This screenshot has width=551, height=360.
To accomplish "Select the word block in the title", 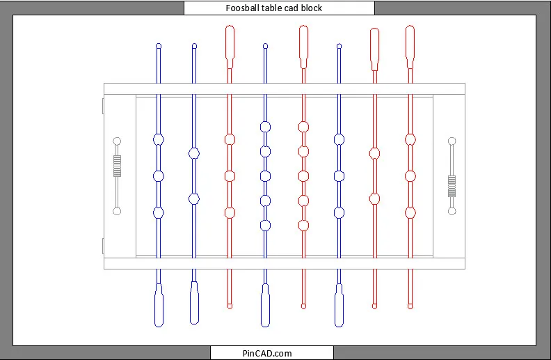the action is (312, 8).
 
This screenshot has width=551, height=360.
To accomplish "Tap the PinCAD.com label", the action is (267, 353).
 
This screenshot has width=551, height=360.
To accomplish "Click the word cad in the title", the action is (292, 8).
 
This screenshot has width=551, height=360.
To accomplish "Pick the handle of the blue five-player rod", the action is (265, 305).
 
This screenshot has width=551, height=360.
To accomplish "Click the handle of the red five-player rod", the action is (303, 47).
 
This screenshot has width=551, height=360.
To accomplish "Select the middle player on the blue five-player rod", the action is (265, 176).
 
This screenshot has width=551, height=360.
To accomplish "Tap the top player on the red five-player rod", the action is (303, 127).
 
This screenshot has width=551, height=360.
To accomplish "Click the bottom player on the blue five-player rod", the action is (265, 226).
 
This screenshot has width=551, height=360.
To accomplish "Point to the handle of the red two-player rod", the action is (374, 49).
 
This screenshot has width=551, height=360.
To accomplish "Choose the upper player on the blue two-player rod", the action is (194, 153).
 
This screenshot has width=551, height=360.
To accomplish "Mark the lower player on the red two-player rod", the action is (374, 199).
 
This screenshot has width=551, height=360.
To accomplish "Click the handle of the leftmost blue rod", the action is (159, 305).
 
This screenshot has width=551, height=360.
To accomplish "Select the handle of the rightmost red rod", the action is (410, 47).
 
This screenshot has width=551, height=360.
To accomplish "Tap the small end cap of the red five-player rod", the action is (303, 306).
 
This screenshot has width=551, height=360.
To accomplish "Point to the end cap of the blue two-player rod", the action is (194, 46).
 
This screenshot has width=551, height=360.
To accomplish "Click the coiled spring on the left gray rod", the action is (117, 166).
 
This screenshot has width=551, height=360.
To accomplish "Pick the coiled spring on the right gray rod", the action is (452, 186).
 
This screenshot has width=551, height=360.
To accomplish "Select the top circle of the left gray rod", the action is (117, 141).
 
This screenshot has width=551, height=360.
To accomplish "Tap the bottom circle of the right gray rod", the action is (452, 211).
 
